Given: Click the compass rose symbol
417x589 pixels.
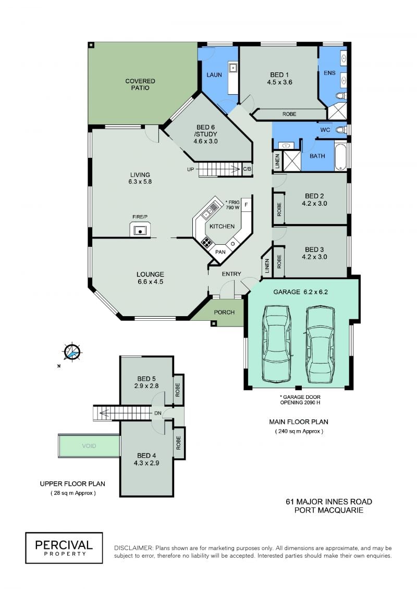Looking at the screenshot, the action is (x=72, y=352).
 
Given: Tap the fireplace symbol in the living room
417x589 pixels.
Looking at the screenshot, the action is (x=140, y=229).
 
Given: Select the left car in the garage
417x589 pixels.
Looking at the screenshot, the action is (x=277, y=344).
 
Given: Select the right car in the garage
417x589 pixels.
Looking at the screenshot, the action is (x=320, y=344).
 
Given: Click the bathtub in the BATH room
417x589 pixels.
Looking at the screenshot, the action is (x=340, y=156).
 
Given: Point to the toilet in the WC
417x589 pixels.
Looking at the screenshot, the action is (x=341, y=130).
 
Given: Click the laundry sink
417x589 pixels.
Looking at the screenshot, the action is (x=233, y=68).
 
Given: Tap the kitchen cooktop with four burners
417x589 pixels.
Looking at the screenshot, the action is (x=207, y=242).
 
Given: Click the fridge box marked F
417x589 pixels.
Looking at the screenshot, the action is (x=246, y=205).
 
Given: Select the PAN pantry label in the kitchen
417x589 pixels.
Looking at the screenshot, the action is (x=220, y=252).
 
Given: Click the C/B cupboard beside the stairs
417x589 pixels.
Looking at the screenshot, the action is (x=247, y=169).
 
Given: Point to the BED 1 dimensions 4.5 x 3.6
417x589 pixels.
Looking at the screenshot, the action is (x=279, y=82).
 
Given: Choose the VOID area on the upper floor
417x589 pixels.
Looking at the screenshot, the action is (x=89, y=446).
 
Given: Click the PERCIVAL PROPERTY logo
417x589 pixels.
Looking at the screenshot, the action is (x=64, y=548).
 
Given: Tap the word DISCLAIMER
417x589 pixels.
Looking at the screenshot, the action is (x=134, y=548).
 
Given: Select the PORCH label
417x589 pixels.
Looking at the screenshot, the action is (x=224, y=312).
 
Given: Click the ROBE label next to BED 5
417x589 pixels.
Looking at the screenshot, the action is (x=178, y=390).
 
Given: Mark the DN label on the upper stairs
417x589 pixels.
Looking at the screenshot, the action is (x=157, y=413).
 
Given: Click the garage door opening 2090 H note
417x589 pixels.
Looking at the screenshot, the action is (x=300, y=399).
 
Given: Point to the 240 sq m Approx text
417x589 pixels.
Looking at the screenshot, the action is (x=299, y=431).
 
